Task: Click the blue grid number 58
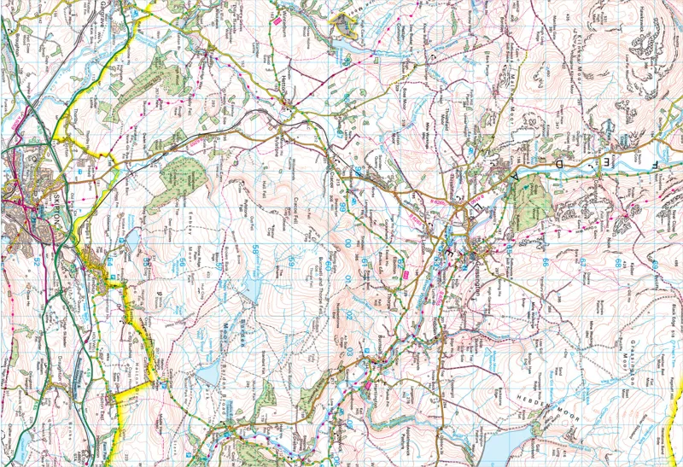click(x=255, y=249)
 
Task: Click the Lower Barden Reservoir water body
click(x=207, y=376)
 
